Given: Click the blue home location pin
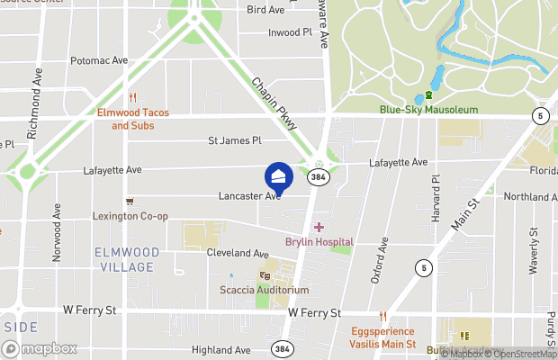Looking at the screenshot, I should pos(278,177).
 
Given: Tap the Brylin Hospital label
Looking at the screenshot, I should pos(319,241).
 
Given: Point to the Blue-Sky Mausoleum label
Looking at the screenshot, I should pos(427,110).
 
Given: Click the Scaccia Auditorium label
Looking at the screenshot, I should pos(264,290).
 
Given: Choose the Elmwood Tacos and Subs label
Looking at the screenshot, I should pos(132,119).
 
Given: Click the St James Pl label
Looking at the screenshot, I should pos(234,140).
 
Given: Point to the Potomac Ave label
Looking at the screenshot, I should pos(99,61).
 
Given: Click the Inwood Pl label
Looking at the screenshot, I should pos(290,32).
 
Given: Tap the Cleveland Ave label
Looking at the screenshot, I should pos(238,254).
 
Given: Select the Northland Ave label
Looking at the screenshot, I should pos(533,196).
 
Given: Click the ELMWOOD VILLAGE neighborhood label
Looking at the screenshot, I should pos(127,259).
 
